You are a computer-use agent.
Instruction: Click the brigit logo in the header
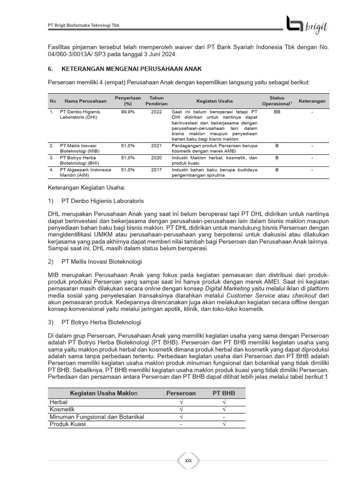(x=307, y=25)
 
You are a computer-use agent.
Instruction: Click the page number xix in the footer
(x=188, y=461)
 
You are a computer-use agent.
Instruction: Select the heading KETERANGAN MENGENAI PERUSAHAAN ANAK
(x=125, y=69)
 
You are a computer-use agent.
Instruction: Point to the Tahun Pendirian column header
(x=156, y=101)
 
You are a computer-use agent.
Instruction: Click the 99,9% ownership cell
(x=128, y=112)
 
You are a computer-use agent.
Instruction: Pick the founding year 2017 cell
(x=156, y=170)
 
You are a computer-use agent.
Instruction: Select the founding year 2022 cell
(x=156, y=112)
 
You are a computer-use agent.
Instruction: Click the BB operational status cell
(x=277, y=112)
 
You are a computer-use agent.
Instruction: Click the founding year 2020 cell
(x=156, y=158)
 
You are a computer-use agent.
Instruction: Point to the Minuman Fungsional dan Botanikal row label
(x=97, y=417)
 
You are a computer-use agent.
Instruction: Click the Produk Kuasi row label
(x=68, y=424)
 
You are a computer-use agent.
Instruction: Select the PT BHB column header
(x=224, y=393)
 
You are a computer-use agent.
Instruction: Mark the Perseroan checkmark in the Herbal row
(x=181, y=402)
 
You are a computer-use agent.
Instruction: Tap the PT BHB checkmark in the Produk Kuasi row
(x=224, y=424)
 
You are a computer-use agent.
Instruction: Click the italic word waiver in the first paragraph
(x=171, y=47)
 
